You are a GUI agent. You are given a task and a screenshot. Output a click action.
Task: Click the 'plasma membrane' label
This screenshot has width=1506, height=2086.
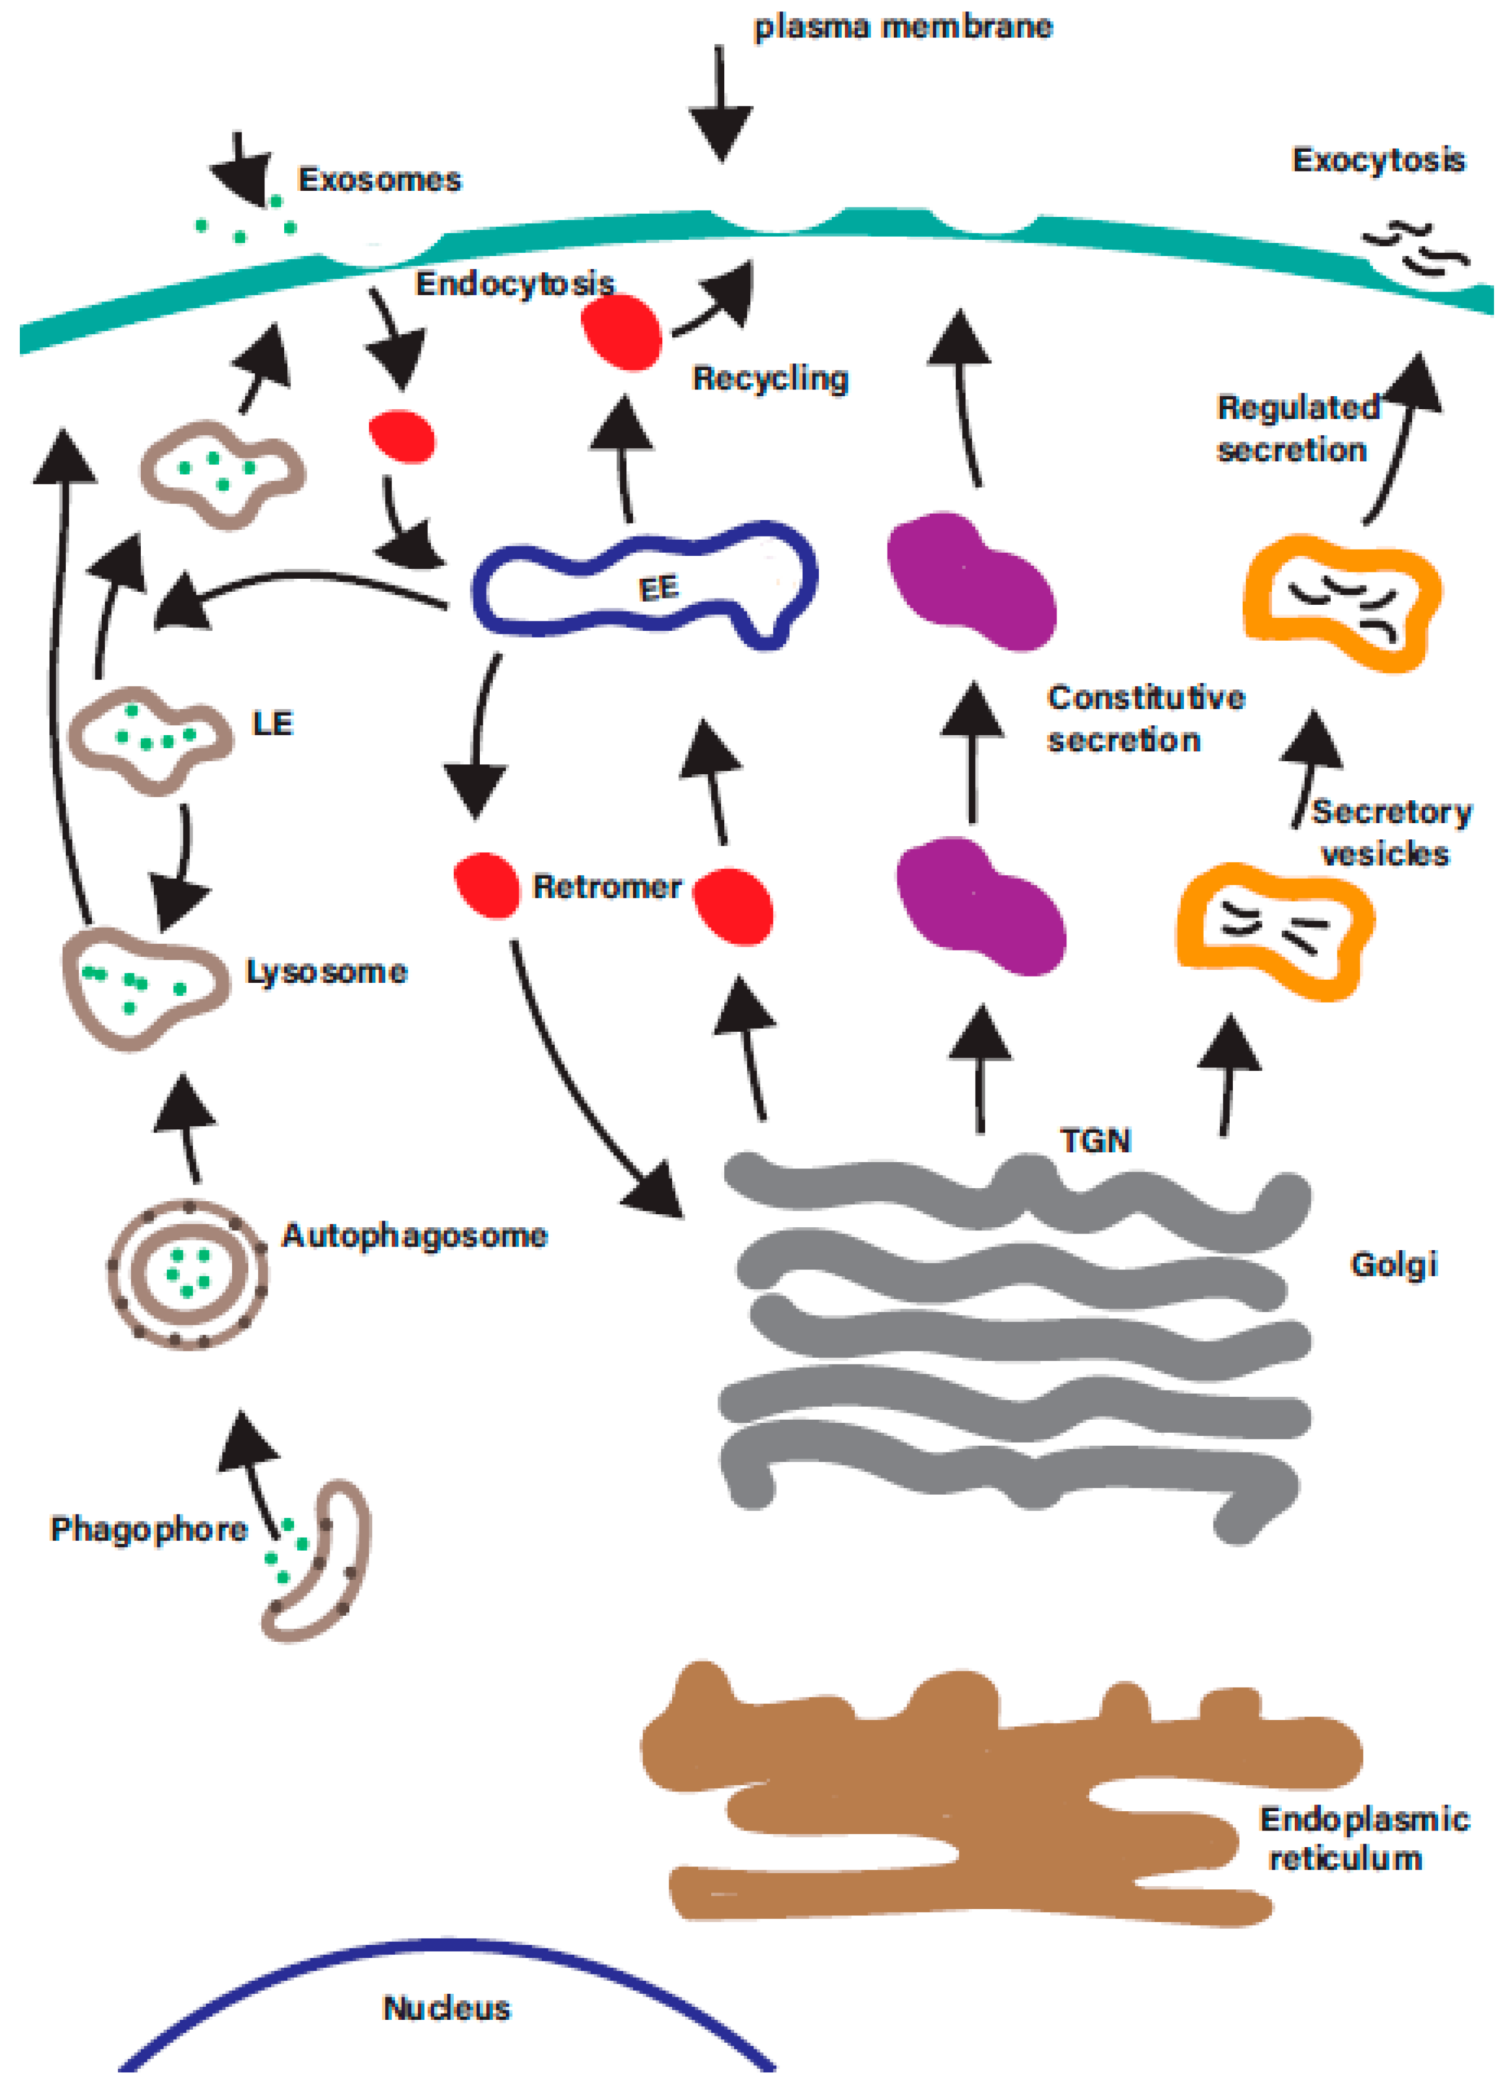click(x=903, y=28)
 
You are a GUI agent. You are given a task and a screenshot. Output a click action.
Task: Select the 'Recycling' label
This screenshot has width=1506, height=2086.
click(x=770, y=378)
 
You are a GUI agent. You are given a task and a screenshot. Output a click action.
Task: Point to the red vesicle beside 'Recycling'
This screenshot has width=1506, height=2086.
click(x=623, y=333)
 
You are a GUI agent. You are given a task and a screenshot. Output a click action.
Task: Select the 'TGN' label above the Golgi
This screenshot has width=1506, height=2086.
click(x=1095, y=1140)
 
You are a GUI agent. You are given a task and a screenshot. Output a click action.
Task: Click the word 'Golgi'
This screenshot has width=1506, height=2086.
click(x=1393, y=1265)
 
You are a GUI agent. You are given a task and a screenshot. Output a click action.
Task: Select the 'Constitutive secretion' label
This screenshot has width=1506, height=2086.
click(x=1145, y=718)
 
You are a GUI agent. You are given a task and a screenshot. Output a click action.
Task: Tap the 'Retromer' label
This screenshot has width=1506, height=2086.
click(x=607, y=887)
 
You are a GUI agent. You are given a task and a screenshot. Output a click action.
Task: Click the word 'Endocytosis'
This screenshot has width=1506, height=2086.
click(x=514, y=284)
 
